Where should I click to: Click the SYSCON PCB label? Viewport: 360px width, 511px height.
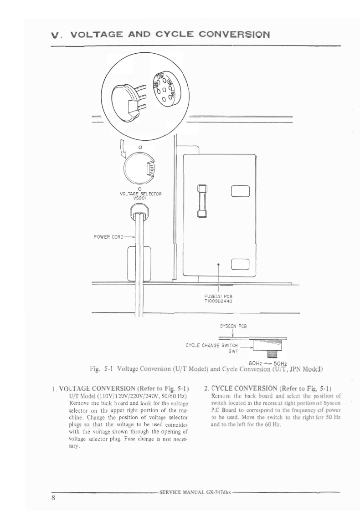(x=233, y=326)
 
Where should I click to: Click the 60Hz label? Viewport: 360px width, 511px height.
(x=257, y=363)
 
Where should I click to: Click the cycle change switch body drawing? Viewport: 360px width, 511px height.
(x=267, y=345)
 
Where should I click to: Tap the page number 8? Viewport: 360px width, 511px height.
(x=53, y=498)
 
